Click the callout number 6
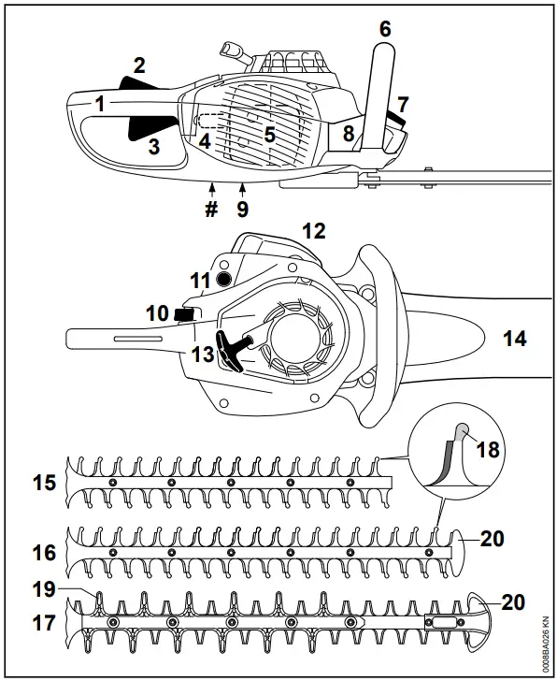pos(384,28)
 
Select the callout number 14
pos(514,339)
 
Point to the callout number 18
pos(487,449)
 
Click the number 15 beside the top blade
pos(43,484)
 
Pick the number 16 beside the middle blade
pos(43,554)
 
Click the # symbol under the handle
pos(211,208)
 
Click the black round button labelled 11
pos(222,280)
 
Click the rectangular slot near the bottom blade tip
pos(443,621)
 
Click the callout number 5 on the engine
pos(269,134)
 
